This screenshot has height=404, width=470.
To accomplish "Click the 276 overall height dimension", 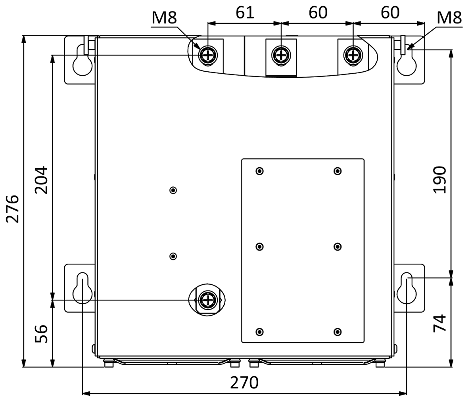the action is (13, 209).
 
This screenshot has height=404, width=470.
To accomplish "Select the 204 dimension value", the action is (41, 180).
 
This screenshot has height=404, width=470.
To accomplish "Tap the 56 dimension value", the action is (41, 333).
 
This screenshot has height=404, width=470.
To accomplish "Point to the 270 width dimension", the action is (244, 383).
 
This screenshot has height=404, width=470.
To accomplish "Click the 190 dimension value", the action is (440, 180).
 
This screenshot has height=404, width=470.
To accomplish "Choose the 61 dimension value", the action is (245, 13).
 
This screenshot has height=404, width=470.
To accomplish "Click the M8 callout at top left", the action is (164, 18).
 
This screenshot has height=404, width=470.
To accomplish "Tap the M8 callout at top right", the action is (449, 18).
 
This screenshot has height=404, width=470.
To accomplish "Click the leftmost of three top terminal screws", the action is (208, 55).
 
